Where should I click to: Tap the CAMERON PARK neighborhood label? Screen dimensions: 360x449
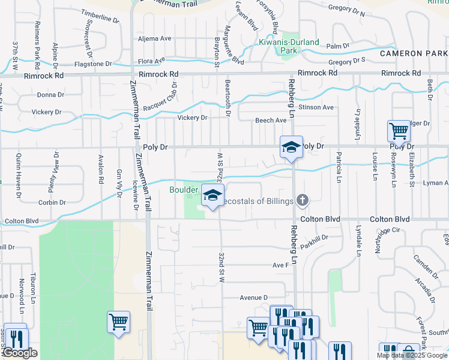click(414, 53)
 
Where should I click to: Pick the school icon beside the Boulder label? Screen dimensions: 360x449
click(212, 196)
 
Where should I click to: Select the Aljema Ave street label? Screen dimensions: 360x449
click(155, 38)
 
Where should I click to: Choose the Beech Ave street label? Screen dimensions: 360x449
click(271, 121)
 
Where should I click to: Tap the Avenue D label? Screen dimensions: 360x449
click(253, 298)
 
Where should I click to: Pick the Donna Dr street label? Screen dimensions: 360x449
click(50, 95)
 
